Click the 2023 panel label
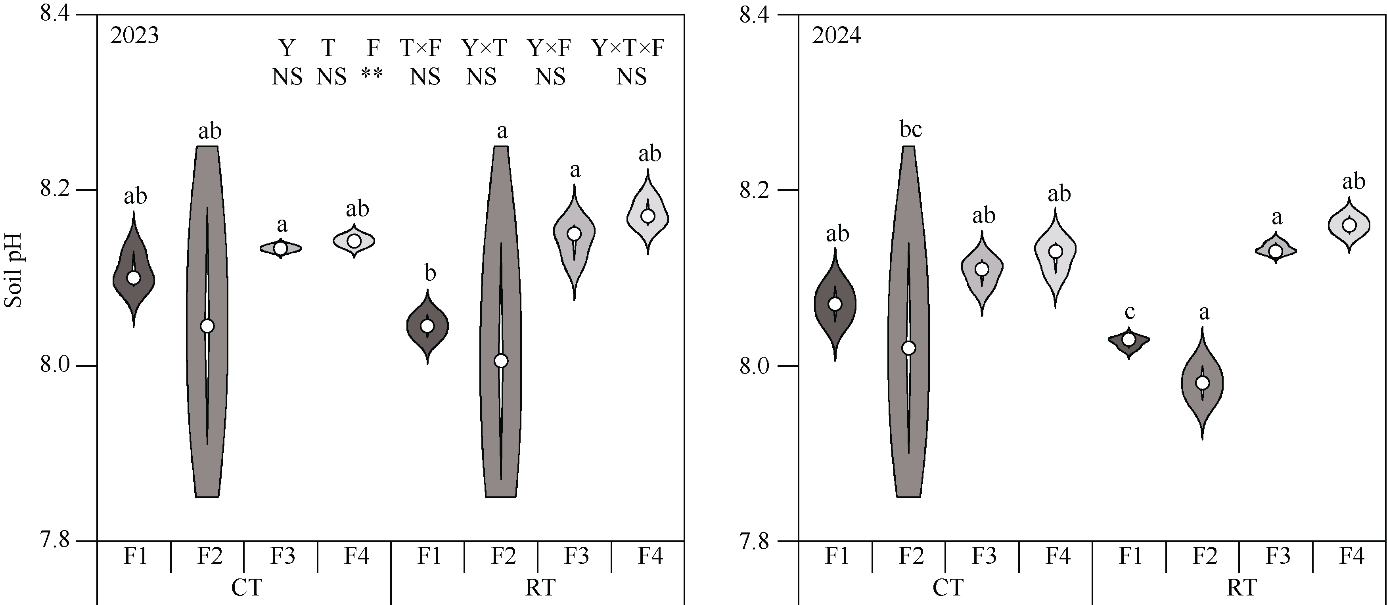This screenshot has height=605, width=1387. point(134,36)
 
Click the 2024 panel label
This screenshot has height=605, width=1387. point(837,36)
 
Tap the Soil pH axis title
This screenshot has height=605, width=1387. point(13,270)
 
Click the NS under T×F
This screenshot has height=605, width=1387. point(425,77)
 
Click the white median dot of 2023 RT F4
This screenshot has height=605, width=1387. point(648,216)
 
